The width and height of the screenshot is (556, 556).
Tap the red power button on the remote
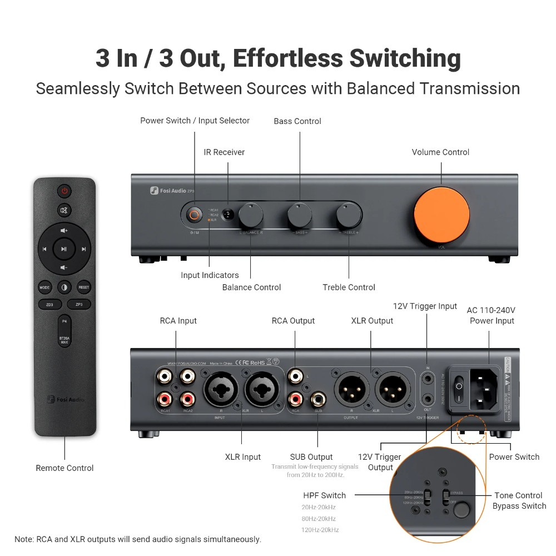64,191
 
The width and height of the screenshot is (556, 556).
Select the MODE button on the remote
44,287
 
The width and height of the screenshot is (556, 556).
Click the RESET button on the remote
83,287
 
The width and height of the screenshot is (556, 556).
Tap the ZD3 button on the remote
49,305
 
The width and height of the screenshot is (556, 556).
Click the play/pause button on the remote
64,249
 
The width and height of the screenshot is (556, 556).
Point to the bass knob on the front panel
300,215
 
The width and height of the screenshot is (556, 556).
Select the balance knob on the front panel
251,215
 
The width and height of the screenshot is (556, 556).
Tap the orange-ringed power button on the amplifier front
194,215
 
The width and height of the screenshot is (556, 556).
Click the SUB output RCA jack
318,399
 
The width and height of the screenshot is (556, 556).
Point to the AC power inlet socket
484,389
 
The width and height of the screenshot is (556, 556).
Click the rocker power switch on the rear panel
459,389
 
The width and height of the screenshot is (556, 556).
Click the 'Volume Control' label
440,152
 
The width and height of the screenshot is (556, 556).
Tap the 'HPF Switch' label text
324,495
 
